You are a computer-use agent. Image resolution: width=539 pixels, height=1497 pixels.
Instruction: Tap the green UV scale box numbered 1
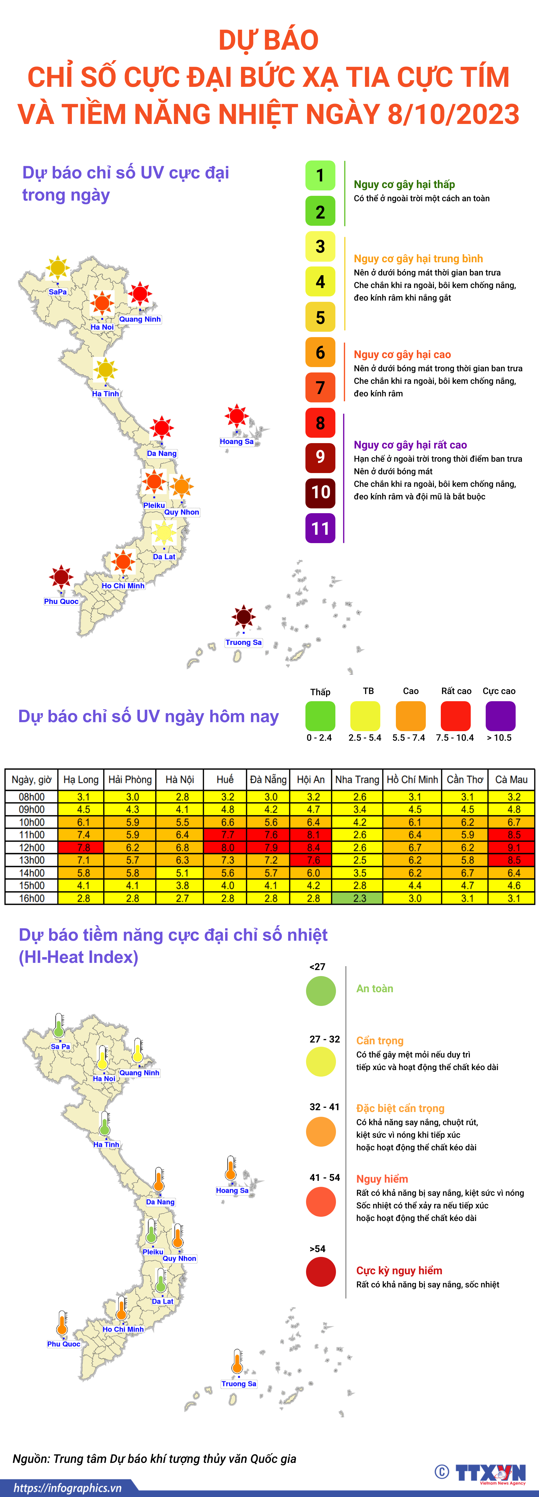tap(320, 175)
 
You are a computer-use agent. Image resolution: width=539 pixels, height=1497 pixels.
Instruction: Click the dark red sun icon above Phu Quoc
tap(61, 577)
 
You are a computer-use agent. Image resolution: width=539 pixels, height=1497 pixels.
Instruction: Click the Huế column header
tap(225, 779)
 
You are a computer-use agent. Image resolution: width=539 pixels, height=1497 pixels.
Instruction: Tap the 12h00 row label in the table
tap(31, 847)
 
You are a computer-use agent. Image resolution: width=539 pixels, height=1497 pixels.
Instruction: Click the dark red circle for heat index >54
tap(321, 1272)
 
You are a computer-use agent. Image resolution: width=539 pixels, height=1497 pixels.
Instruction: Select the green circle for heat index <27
tap(321, 991)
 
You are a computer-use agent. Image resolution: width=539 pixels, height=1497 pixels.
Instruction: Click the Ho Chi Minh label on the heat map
tap(123, 1329)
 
